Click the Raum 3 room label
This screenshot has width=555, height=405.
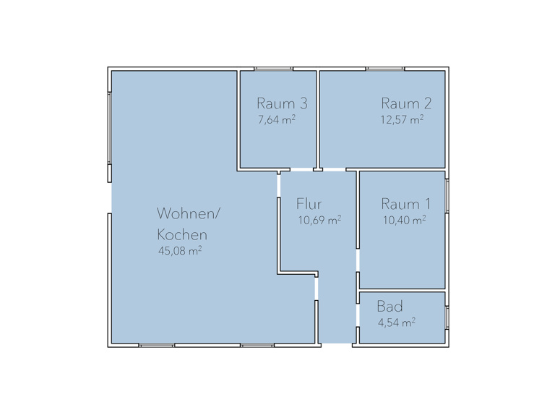(277, 103)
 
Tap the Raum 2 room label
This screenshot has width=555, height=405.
(402, 103)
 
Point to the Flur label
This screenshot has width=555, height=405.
(309, 204)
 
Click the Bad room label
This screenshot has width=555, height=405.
(390, 307)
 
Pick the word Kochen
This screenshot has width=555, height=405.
(183, 235)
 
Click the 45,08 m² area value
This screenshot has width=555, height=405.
(179, 252)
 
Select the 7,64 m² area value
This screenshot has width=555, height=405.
(276, 120)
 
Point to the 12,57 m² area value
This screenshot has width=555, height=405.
(402, 120)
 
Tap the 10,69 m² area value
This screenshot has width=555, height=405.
(319, 220)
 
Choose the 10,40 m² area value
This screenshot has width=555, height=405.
(403, 220)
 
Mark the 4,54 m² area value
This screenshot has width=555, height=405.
(396, 323)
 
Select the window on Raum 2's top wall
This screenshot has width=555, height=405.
(385, 69)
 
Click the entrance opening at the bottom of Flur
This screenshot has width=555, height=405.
(337, 343)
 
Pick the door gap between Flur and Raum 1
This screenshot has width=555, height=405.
(357, 259)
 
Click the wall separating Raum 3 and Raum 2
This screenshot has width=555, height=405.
(318, 119)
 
